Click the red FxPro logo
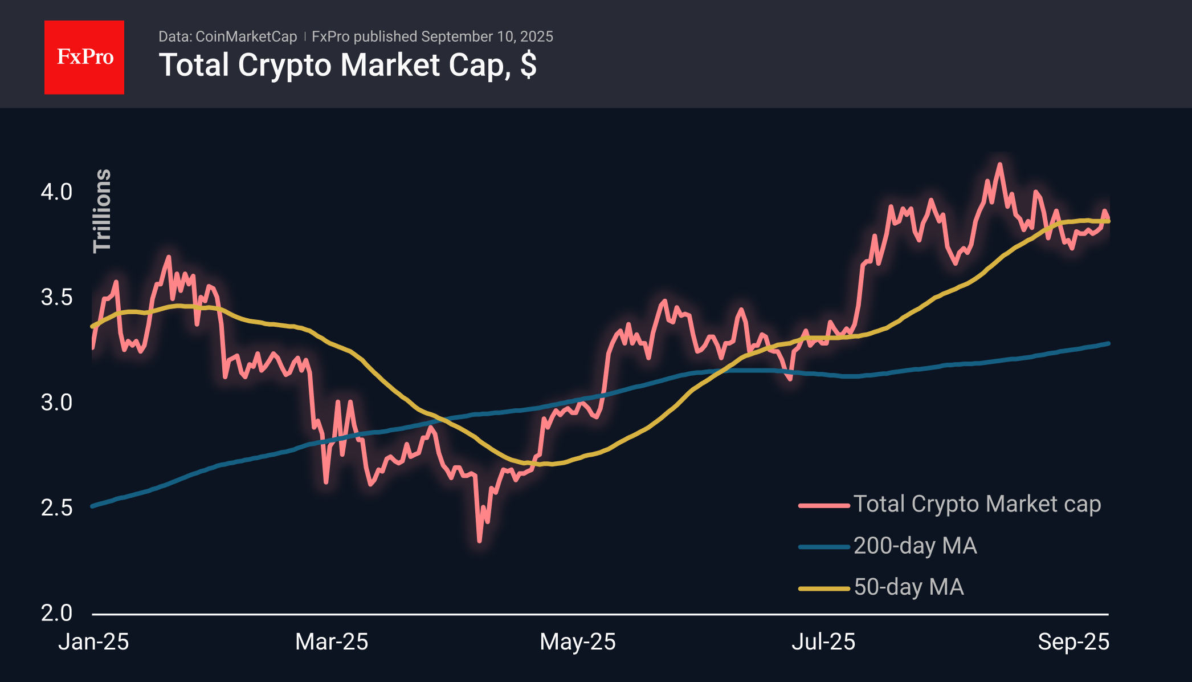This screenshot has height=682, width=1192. [x=84, y=57]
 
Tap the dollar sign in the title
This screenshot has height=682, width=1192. [x=528, y=64]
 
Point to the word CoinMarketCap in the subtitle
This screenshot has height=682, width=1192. [x=246, y=36]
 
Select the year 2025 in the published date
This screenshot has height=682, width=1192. [x=536, y=36]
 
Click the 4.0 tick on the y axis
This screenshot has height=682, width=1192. [x=56, y=192]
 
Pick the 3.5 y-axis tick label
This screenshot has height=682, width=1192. [x=56, y=297]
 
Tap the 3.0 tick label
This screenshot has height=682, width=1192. [x=56, y=403]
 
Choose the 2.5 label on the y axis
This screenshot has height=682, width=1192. [x=56, y=508]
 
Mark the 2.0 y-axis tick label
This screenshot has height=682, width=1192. [x=56, y=613]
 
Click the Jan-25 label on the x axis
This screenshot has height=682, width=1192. [x=93, y=642]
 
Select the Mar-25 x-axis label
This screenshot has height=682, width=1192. [x=332, y=642]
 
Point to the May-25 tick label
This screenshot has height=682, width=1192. [x=578, y=642]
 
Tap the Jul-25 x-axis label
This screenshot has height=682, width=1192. [x=823, y=642]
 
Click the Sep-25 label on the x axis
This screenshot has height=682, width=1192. [x=1073, y=642]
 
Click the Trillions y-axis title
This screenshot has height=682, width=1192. [x=102, y=210]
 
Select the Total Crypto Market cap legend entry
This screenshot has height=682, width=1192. [x=950, y=505]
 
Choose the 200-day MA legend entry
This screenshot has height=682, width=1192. [x=888, y=546]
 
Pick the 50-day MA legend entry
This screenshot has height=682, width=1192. [x=881, y=587]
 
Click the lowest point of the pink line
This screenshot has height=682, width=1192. [x=479, y=541]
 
